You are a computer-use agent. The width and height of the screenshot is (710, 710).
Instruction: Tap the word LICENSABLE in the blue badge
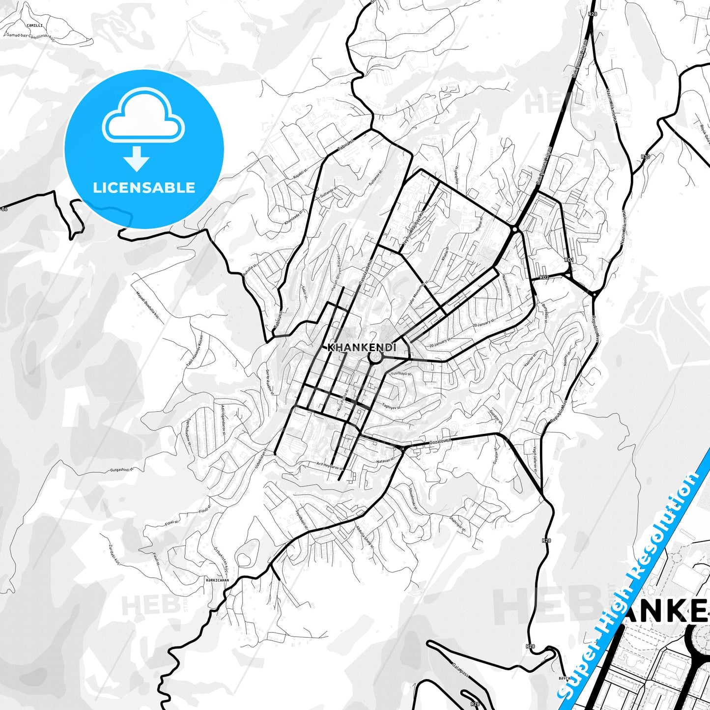(144, 187)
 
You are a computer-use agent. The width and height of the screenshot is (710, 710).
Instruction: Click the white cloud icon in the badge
(143, 118)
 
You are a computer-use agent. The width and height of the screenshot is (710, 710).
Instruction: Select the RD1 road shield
(569, 259)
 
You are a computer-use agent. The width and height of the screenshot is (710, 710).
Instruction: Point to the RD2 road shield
(544, 278)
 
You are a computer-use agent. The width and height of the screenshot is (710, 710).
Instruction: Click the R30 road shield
(645, 157)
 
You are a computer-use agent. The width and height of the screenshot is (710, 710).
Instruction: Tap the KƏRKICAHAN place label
(217, 580)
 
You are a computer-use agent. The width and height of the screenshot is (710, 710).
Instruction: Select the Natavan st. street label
(385, 461)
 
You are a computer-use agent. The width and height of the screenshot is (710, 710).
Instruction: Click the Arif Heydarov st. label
(329, 465)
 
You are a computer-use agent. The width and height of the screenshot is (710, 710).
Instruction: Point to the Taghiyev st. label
(391, 406)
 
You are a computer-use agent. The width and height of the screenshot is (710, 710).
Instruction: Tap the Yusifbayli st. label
(401, 374)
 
